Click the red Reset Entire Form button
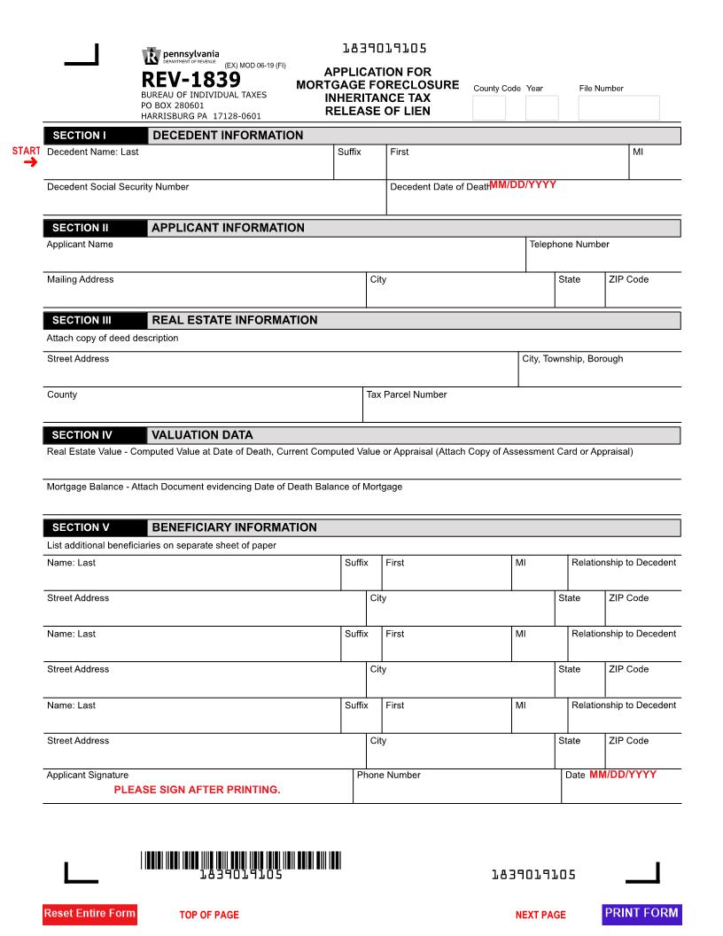[x=89, y=914]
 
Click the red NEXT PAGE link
[x=540, y=915]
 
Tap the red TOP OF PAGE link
[x=209, y=915]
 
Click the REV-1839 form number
[x=190, y=81]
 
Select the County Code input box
[x=489, y=107]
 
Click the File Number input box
[x=618, y=107]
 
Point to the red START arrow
[x=30, y=162]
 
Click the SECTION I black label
[x=95, y=136]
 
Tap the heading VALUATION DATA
[x=202, y=435]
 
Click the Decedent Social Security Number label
[x=118, y=187]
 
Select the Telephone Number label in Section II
[x=569, y=245]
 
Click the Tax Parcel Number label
[x=407, y=394]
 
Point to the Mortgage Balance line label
[x=224, y=487]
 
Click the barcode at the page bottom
[x=240, y=860]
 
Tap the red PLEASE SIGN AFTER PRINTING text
[x=197, y=790]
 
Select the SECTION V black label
[x=95, y=527]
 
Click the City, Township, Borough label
[x=572, y=359]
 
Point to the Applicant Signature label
[x=88, y=776]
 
